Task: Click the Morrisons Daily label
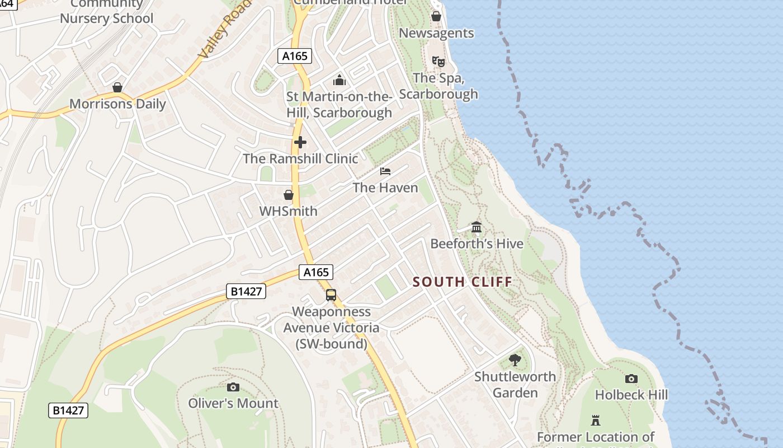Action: tap(117, 104)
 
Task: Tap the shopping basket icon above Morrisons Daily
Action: tap(117, 87)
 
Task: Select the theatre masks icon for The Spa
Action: tap(438, 61)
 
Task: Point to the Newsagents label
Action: tap(436, 33)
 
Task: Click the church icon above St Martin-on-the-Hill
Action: tap(339, 80)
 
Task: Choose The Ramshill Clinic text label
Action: tap(300, 158)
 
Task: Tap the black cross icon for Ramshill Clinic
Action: tap(300, 142)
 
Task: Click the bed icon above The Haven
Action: tap(385, 171)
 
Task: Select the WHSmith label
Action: tap(288, 211)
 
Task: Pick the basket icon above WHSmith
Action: tap(289, 195)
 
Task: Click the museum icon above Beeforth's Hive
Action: tap(477, 227)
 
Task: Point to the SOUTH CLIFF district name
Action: tap(463, 282)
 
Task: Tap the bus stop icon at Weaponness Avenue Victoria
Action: tap(331, 295)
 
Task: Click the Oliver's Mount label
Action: tap(233, 403)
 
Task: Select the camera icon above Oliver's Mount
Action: tap(233, 387)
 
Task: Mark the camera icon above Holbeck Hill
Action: tap(631, 379)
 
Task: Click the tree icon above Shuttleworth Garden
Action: tap(515, 360)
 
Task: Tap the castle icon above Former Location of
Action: tap(596, 420)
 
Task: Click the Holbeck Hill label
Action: tap(631, 395)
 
